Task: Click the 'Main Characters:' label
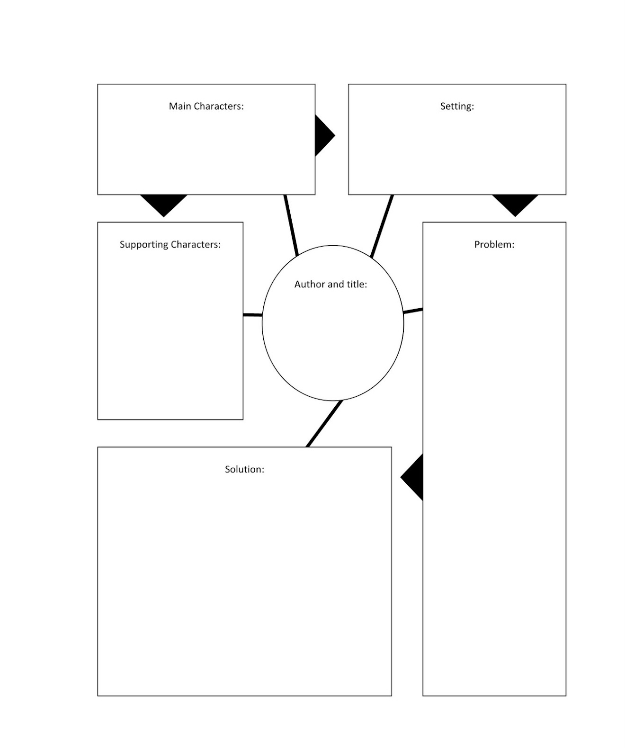tap(206, 106)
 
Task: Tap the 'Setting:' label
tap(457, 106)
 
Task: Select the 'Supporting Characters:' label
tap(170, 244)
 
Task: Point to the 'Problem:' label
tap(494, 244)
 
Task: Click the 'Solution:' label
tap(244, 469)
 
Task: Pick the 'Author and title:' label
tap(330, 284)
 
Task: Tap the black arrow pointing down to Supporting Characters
tap(164, 203)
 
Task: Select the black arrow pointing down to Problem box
tap(515, 203)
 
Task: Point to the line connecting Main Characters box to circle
tap(291, 225)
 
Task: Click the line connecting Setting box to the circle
tap(382, 226)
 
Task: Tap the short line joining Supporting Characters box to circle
tap(252, 315)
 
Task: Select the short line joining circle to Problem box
tap(413, 311)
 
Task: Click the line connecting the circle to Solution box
tap(324, 423)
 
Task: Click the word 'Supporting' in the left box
tap(143, 245)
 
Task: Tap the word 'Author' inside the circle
tap(309, 284)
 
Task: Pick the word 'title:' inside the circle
tap(357, 284)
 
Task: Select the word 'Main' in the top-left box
tap(179, 106)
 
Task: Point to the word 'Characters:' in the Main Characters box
tap(219, 106)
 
